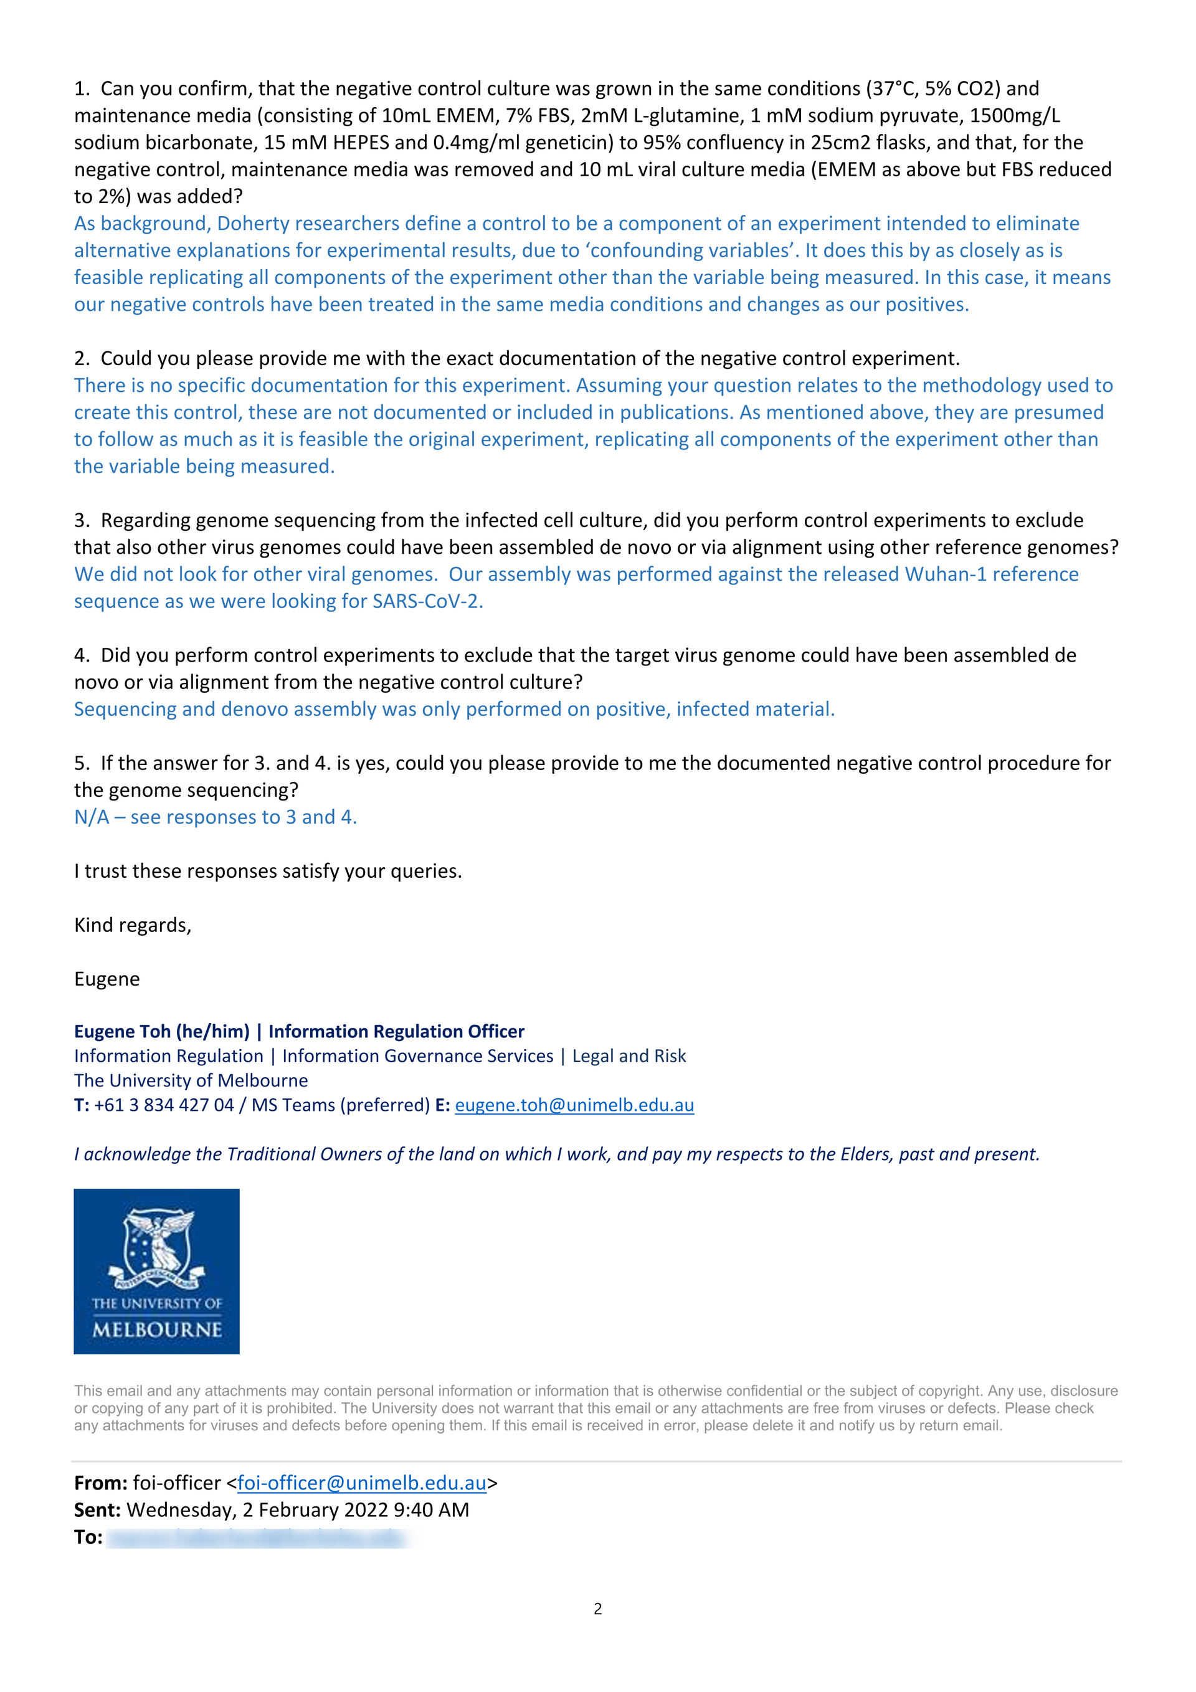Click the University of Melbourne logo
(156, 1271)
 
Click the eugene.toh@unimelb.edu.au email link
(574, 1105)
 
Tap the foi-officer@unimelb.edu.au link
(361, 1483)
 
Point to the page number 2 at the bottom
(597, 1609)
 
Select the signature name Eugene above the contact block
(107, 979)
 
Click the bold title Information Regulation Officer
(396, 1031)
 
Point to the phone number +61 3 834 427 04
(164, 1105)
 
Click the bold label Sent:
(97, 1510)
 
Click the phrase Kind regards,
(133, 925)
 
